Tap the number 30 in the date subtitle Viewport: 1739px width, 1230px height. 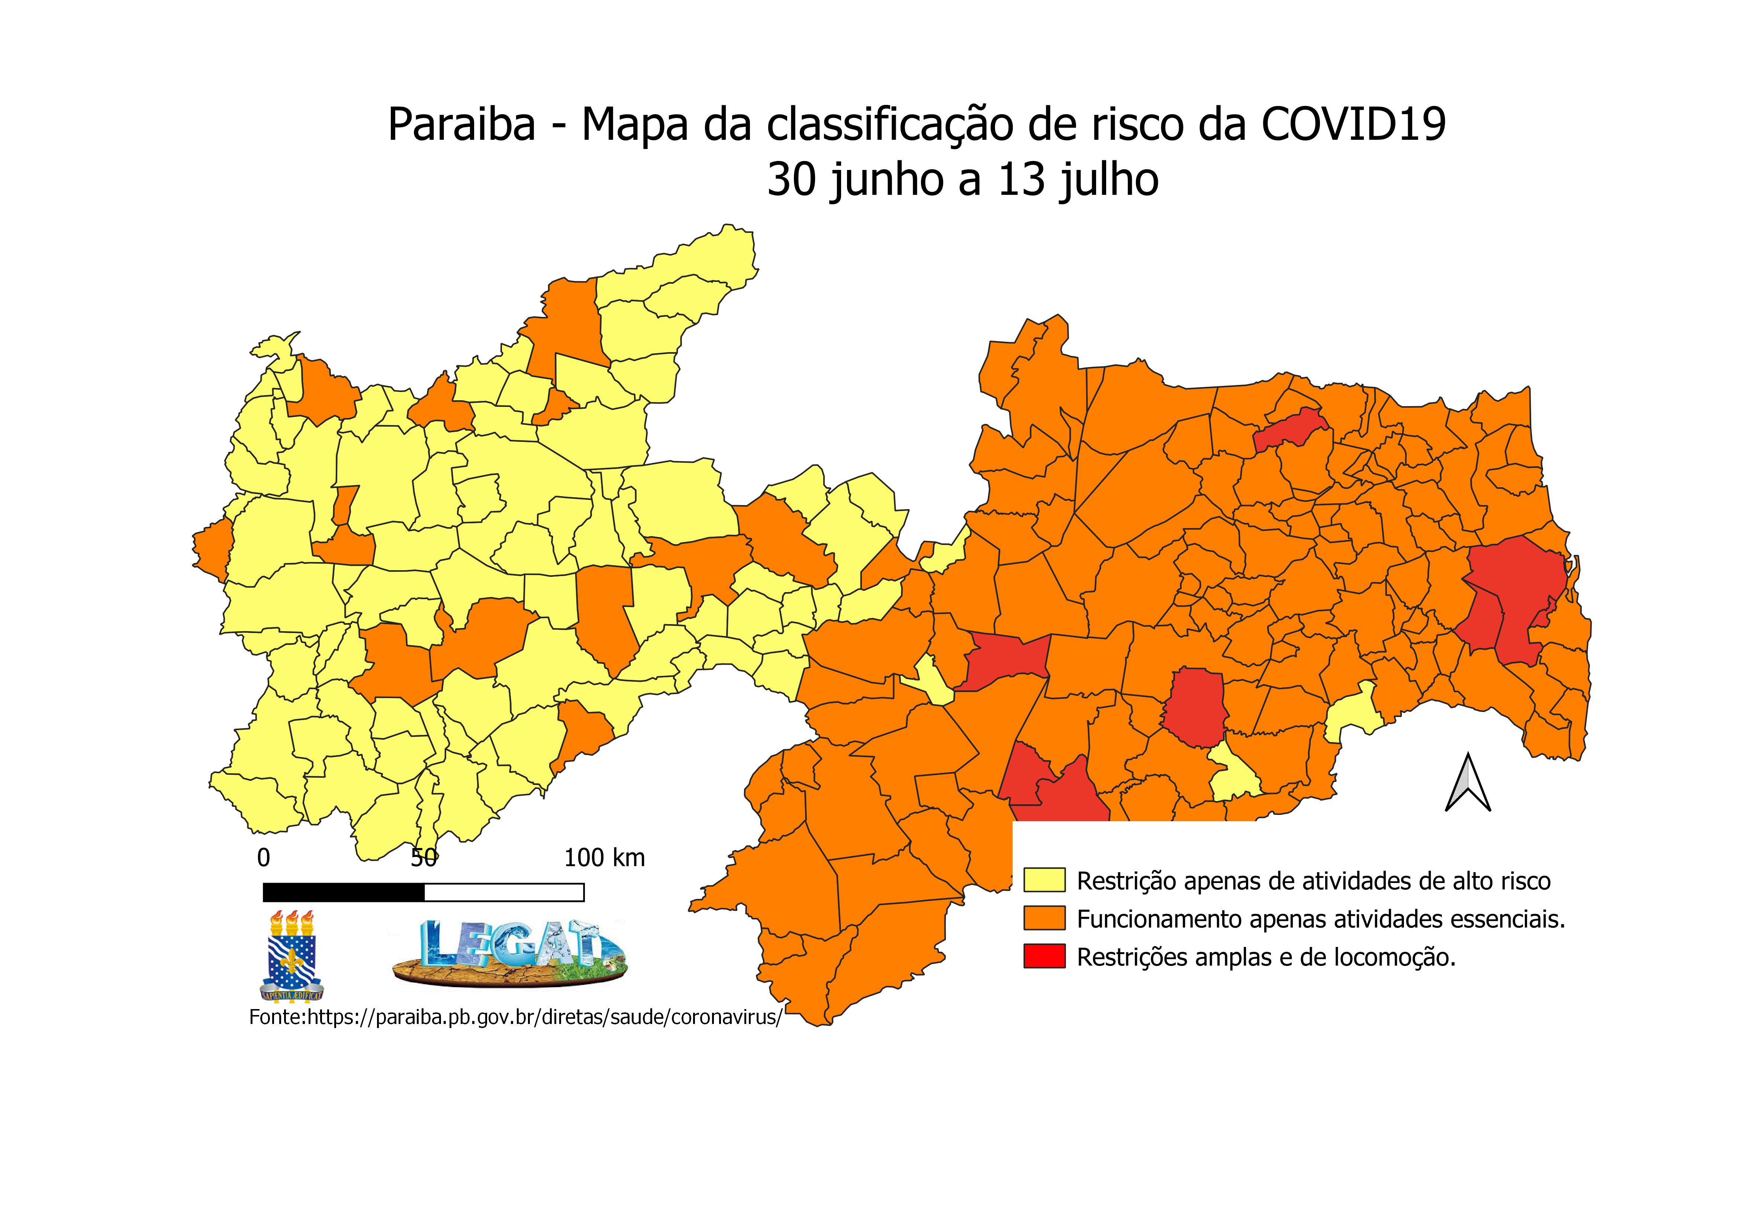coord(793,180)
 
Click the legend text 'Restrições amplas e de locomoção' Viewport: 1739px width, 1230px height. coord(1266,957)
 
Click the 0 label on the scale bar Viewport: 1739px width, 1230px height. coord(264,858)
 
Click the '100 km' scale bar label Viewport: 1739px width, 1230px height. coord(605,858)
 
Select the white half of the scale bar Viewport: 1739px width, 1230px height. coord(504,892)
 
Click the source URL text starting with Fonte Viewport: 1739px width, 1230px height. coord(515,1017)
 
